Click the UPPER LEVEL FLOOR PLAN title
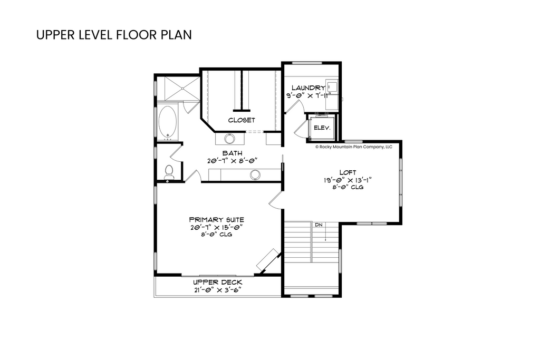tap(114, 35)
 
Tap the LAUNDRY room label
tap(308, 88)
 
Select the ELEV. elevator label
tap(322, 128)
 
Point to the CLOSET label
tap(242, 120)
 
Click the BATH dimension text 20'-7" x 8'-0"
tap(233, 161)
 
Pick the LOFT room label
tap(348, 172)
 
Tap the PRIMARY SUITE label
tap(217, 220)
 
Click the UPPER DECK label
tap(217, 282)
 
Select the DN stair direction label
tap(319, 225)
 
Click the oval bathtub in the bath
tap(168, 122)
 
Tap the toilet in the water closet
tap(169, 172)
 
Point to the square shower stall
tap(182, 89)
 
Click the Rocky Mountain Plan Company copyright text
tap(354, 147)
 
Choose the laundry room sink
tap(332, 85)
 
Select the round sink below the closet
tap(229, 139)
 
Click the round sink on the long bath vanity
tap(255, 175)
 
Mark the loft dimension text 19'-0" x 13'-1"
tap(348, 180)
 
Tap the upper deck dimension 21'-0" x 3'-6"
tap(217, 290)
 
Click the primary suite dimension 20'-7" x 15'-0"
tap(217, 227)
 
